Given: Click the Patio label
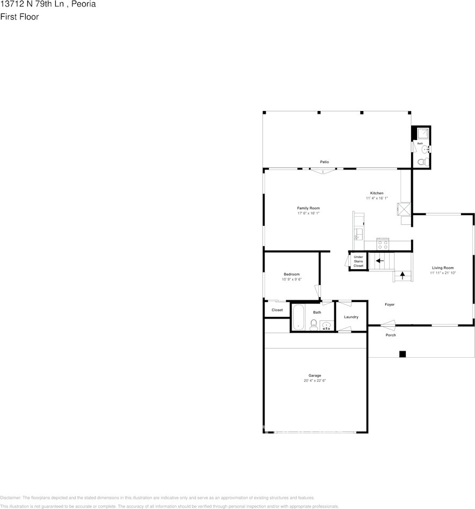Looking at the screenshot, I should click(324, 162).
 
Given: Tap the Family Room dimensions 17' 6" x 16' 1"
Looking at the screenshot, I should click(309, 213).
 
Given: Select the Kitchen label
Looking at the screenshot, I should click(376, 193).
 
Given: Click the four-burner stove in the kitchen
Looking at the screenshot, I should click(383, 244).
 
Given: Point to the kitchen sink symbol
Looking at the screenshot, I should click(358, 234).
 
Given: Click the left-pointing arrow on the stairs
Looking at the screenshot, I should click(379, 261).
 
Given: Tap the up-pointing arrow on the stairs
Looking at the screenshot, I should click(402, 276).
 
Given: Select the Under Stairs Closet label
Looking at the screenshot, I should click(358, 261).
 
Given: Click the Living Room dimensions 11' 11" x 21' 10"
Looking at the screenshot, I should click(443, 273).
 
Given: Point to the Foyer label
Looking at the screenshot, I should click(390, 305).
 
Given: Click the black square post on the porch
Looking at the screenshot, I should click(402, 353).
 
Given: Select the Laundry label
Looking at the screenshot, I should click(351, 317).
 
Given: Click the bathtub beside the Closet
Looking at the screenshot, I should click(297, 316).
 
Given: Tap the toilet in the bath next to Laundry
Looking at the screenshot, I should click(313, 324).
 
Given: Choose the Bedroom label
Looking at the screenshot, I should click(291, 274).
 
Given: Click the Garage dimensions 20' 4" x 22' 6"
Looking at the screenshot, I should click(315, 380).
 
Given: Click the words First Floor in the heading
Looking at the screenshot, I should click(19, 17).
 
